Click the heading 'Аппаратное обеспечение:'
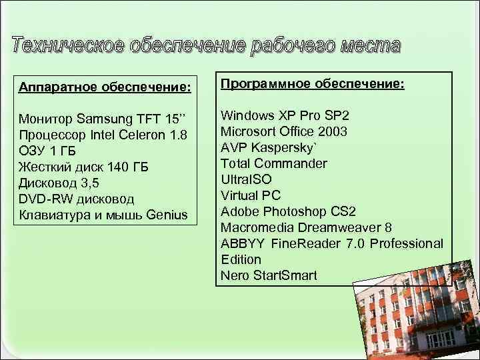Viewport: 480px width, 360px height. [x=105, y=87]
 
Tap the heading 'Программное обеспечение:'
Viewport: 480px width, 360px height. [x=312, y=85]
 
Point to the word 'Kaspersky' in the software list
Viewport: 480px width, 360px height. [x=284, y=147]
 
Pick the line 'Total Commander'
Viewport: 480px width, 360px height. [x=274, y=163]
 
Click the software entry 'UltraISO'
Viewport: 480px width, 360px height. [x=246, y=179]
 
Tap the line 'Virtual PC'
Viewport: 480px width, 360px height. [x=251, y=195]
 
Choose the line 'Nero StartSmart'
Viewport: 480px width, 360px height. [x=269, y=275]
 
